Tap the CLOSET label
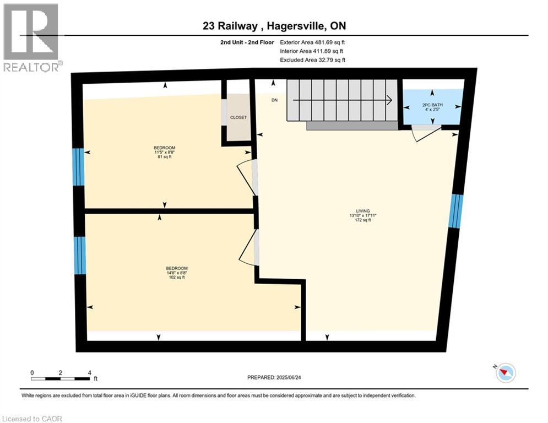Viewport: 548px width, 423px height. [238, 117]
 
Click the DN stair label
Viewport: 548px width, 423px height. [274, 100]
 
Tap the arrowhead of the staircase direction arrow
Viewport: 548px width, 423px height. [389, 100]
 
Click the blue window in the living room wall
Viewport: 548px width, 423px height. [455, 210]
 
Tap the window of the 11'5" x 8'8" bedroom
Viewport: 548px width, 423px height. [78, 167]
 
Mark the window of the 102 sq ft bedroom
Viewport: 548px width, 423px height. [80, 255]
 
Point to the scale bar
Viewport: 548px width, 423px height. [61, 378]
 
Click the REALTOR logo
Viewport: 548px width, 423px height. [31, 37]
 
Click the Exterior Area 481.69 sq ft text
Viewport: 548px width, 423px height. [312, 42]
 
